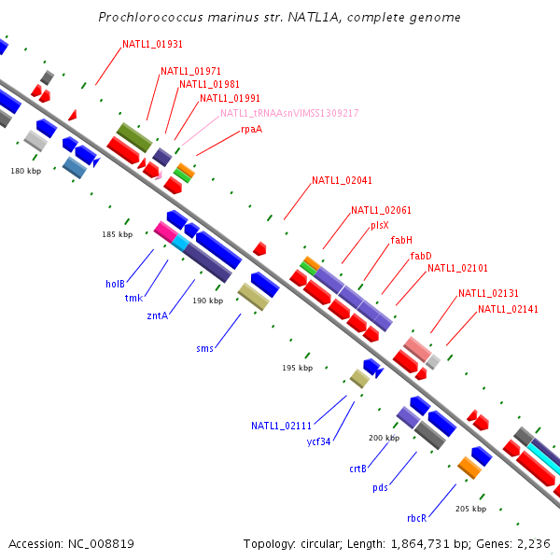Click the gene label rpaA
click(251, 129)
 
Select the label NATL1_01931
click(153, 45)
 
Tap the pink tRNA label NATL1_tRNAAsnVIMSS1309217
click(289, 113)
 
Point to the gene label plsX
click(379, 225)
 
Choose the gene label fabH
click(401, 240)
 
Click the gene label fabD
click(421, 255)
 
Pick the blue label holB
click(115, 284)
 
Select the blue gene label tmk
click(133, 299)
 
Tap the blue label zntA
click(157, 315)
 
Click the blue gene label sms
click(204, 348)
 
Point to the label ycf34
click(318, 441)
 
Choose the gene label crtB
click(357, 469)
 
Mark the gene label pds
click(380, 487)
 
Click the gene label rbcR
click(416, 518)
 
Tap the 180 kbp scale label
click(26, 171)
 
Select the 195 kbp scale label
click(297, 368)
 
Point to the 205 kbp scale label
click(470, 509)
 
